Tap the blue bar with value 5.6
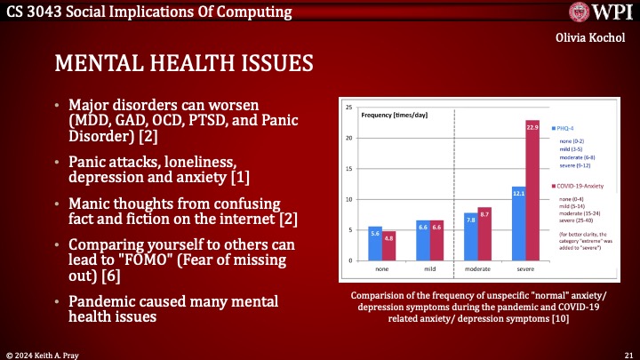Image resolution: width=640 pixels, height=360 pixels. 375,243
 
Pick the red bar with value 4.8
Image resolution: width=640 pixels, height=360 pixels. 388,245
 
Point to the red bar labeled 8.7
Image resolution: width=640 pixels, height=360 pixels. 484,233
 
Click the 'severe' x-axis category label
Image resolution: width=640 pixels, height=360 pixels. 525,268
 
